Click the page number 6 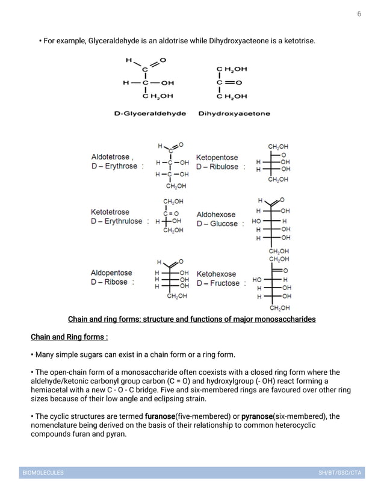pyautogui.click(x=359, y=14)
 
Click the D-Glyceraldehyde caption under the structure pyautogui.click(x=150, y=113)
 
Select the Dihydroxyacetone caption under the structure pyautogui.click(x=234, y=113)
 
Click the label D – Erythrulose pyautogui.click(x=117, y=221)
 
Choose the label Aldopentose pyautogui.click(x=111, y=273)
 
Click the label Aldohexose pyautogui.click(x=216, y=214)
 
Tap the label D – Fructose pyautogui.click(x=218, y=283)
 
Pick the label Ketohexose pyautogui.click(x=216, y=274)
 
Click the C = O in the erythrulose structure pyautogui.click(x=170, y=212)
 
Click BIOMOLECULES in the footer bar pyautogui.click(x=43, y=473)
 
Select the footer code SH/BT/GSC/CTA pyautogui.click(x=339, y=473)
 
